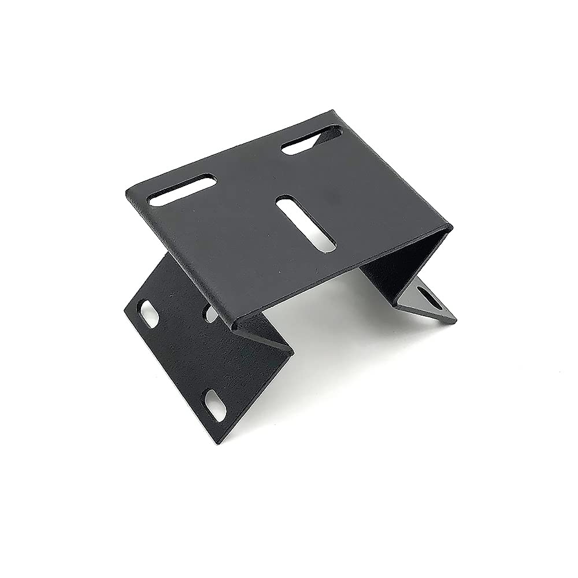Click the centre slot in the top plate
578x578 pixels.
tap(306, 224)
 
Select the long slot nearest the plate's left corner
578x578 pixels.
tap(181, 190)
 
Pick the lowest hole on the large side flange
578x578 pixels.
tap(215, 405)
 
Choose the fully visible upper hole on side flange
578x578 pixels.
tap(149, 313)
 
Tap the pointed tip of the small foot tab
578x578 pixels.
tap(455, 320)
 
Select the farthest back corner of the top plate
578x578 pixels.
tap(333, 112)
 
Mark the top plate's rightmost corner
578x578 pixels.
tap(451, 227)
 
